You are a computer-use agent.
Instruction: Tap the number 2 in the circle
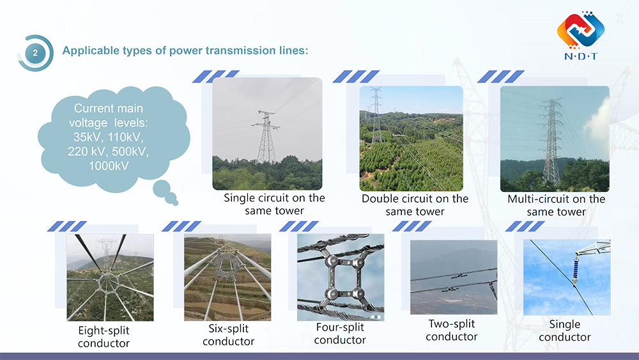(35, 53)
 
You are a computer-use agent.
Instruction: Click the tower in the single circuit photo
(266, 137)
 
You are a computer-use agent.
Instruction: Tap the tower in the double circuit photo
(376, 115)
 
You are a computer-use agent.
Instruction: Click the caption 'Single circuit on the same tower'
(274, 204)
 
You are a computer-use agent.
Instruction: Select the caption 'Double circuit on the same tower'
(415, 205)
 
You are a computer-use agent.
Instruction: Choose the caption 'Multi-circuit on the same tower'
(556, 205)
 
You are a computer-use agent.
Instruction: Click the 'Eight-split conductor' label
(104, 337)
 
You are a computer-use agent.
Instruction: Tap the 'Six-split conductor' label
(228, 334)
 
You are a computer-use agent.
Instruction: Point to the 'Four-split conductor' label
(340, 334)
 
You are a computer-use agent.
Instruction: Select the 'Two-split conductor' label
(452, 330)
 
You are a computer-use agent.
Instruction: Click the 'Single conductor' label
(565, 331)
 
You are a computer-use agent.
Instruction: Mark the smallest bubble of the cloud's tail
(175, 203)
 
